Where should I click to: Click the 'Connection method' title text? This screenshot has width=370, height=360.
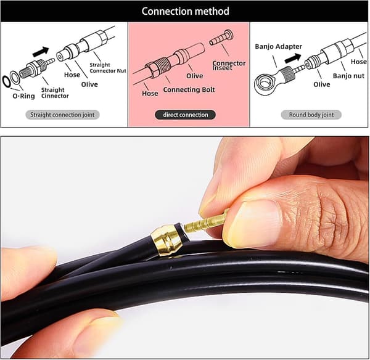[x=185, y=11]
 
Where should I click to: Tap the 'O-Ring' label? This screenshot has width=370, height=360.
[x=23, y=96]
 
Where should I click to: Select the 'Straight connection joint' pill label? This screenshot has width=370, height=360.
[x=62, y=115]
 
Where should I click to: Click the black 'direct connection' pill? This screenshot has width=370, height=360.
[x=185, y=115]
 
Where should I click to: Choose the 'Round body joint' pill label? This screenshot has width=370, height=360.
[x=311, y=115]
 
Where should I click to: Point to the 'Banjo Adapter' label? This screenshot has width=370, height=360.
[x=278, y=46]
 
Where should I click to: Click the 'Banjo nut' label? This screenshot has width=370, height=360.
[x=348, y=76]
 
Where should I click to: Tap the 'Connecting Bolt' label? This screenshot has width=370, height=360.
[x=189, y=89]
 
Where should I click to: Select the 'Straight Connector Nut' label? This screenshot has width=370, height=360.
[x=108, y=68]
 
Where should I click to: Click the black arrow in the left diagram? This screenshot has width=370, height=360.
[x=41, y=52]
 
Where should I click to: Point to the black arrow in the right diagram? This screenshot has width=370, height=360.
[x=293, y=59]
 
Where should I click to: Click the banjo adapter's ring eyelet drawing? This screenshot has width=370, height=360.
[x=265, y=84]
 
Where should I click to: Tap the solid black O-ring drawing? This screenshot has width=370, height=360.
[x=6, y=81]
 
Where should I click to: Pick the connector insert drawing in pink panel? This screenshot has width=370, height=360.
[x=221, y=38]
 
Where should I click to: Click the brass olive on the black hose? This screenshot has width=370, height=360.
[x=167, y=240]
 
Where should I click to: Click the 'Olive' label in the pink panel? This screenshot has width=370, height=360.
[x=195, y=76]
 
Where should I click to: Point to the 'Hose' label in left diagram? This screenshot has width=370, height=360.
[x=72, y=75]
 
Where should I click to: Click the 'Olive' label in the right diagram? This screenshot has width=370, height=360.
[x=322, y=84]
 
